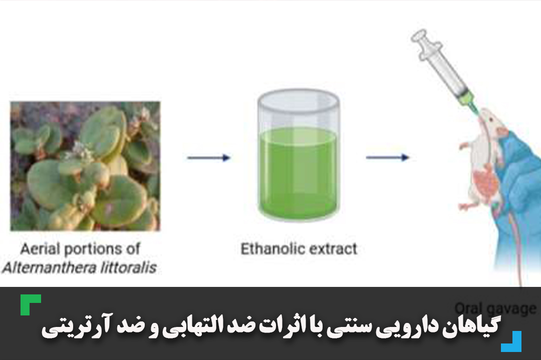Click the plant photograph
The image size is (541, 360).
tap(85, 166)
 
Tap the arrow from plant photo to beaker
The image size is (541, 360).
tap(208, 158)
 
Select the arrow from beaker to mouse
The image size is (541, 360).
tap(387, 158)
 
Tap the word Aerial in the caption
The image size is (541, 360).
tap(41, 249)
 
